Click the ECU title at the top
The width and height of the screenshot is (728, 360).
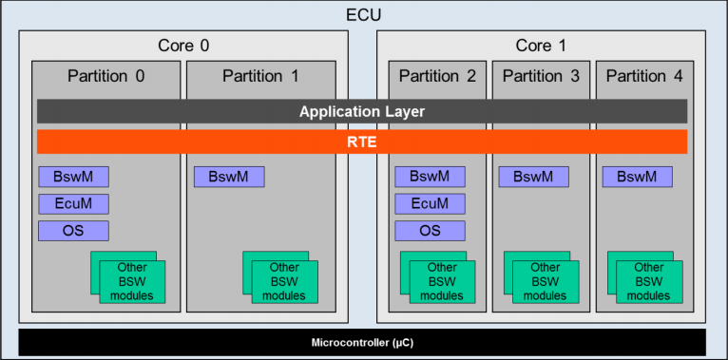point(363,14)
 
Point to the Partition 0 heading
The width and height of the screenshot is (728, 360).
point(106,76)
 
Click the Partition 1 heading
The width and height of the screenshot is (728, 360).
point(260,76)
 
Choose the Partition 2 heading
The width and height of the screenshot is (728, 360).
point(437,76)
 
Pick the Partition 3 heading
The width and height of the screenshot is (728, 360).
point(541,76)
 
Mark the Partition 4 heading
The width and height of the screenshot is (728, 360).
point(644,76)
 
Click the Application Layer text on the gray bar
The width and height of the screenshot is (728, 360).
point(362,111)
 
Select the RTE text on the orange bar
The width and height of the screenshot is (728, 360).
point(362,142)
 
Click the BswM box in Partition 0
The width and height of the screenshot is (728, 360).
point(73,177)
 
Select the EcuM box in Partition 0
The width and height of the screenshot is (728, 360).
point(73,203)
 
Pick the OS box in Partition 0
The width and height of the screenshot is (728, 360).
point(73,231)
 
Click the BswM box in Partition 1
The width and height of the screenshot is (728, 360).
point(229,177)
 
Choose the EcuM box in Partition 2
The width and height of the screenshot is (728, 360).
point(430,203)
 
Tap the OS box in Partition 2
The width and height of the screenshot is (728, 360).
point(430,231)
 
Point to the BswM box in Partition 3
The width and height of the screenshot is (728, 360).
point(533,177)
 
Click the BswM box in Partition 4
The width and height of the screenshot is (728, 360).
point(637,177)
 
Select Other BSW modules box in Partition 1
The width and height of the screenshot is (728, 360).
point(283,282)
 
